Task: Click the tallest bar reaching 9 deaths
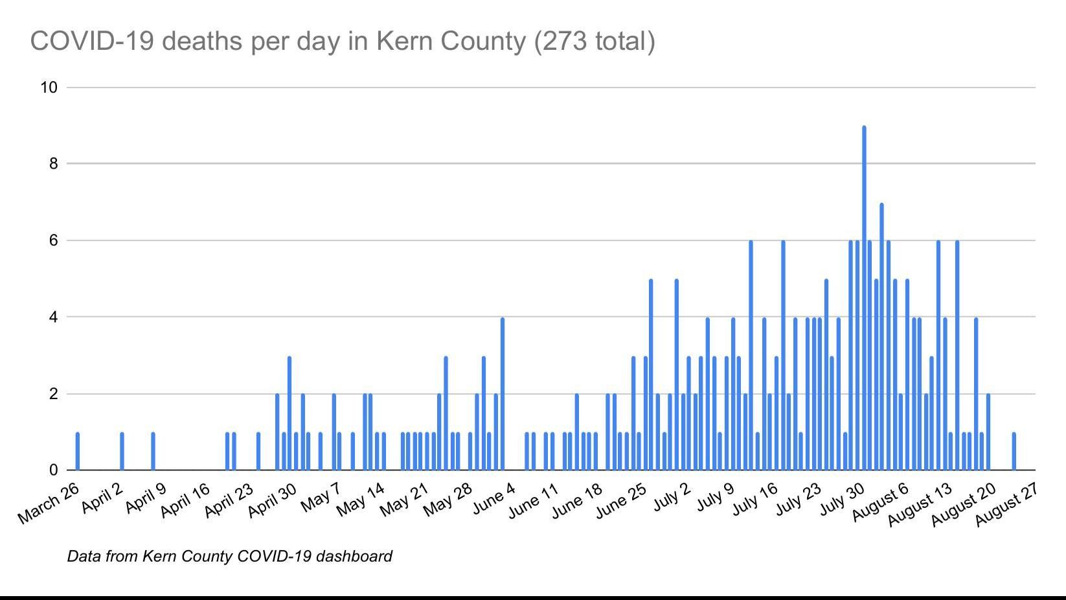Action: point(864,298)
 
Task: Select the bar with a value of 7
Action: point(881,337)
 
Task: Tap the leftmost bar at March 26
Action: point(78,451)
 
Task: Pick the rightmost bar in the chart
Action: point(1014,451)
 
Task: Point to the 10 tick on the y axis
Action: point(49,87)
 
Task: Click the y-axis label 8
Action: point(53,164)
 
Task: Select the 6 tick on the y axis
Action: point(53,240)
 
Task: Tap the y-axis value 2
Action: point(53,394)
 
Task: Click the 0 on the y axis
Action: point(53,470)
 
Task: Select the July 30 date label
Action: point(842,500)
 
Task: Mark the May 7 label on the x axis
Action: point(321,498)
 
